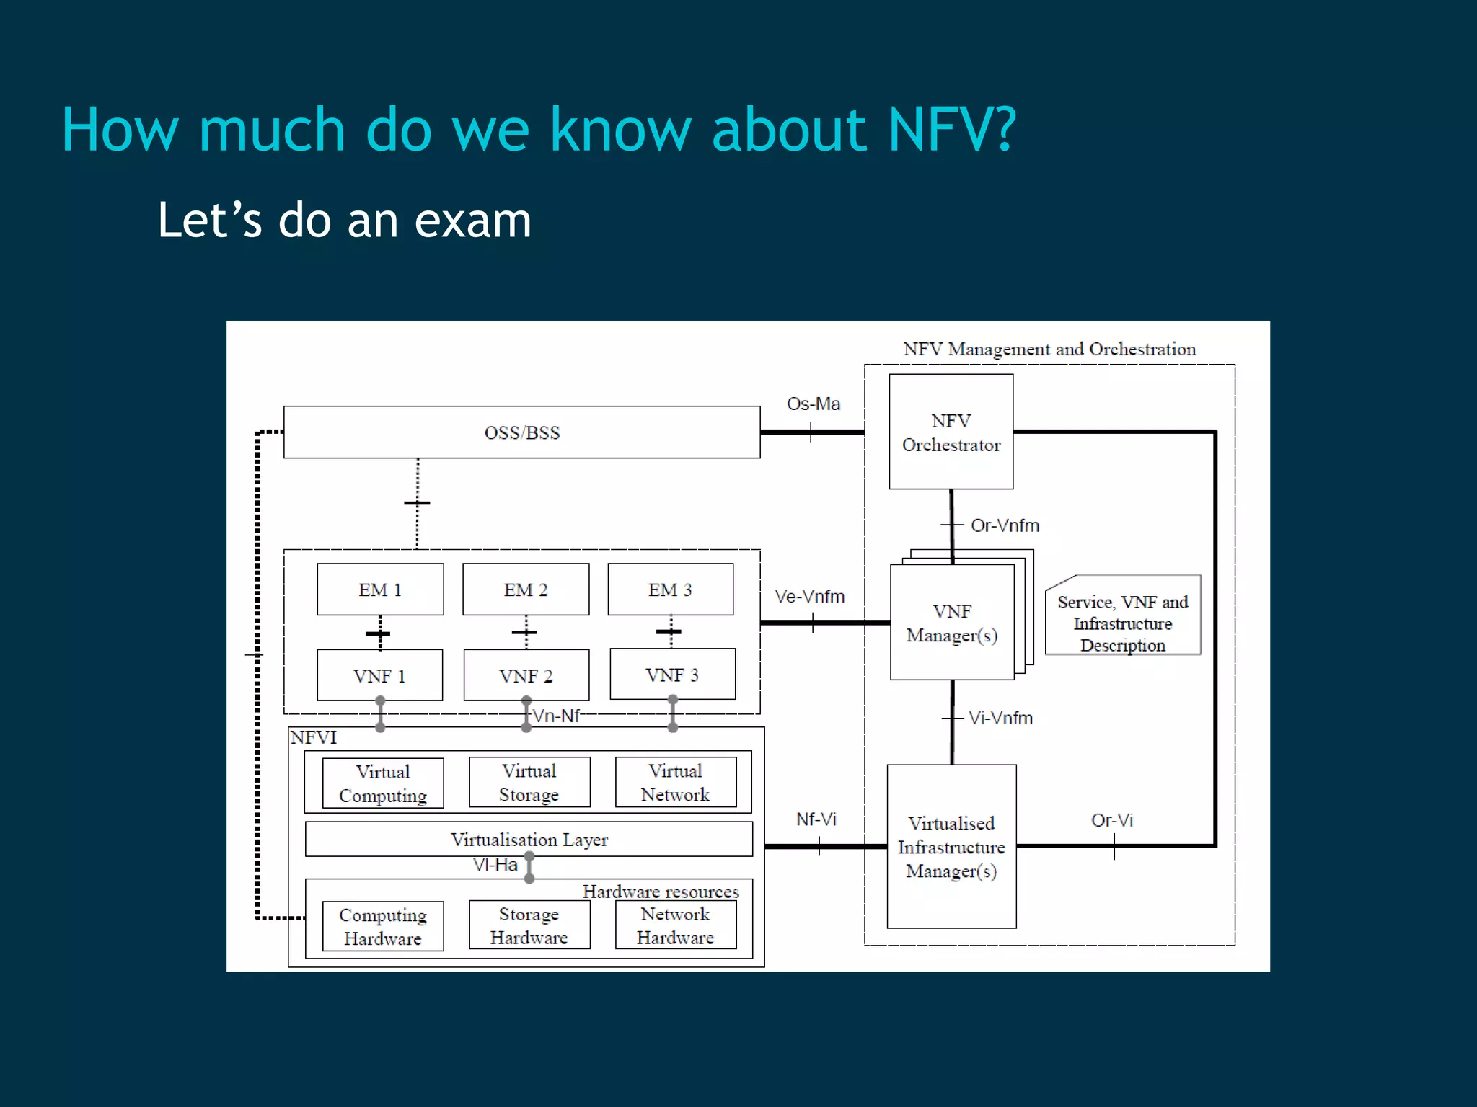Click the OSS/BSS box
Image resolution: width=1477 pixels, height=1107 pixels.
(x=521, y=432)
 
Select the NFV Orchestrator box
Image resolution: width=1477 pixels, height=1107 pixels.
(x=951, y=432)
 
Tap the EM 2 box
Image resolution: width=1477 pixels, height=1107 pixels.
(x=526, y=590)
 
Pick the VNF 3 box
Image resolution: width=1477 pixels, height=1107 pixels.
(x=672, y=675)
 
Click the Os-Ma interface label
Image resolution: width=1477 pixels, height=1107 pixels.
(x=814, y=404)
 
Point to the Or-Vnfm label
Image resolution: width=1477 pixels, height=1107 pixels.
(x=1005, y=525)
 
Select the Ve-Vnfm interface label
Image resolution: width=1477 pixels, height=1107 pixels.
(x=809, y=597)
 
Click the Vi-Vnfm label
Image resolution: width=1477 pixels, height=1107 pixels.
(x=1000, y=718)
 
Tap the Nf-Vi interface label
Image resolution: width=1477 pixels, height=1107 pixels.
(x=816, y=819)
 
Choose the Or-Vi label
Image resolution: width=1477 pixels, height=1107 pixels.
(x=1111, y=820)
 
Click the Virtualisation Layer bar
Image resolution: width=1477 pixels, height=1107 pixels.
(x=529, y=840)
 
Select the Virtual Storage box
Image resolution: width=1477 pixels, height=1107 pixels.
(x=529, y=783)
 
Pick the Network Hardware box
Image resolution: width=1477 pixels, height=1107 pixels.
(x=675, y=925)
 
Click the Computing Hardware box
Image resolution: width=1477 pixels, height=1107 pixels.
(x=382, y=927)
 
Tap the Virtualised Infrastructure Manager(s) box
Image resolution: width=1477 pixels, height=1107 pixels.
(x=951, y=847)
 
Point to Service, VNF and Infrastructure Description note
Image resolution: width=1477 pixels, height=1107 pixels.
(x=1122, y=623)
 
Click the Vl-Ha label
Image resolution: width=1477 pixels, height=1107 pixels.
(x=495, y=865)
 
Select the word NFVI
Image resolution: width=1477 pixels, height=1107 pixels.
(x=314, y=737)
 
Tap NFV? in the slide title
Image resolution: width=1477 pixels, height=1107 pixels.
(x=951, y=130)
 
